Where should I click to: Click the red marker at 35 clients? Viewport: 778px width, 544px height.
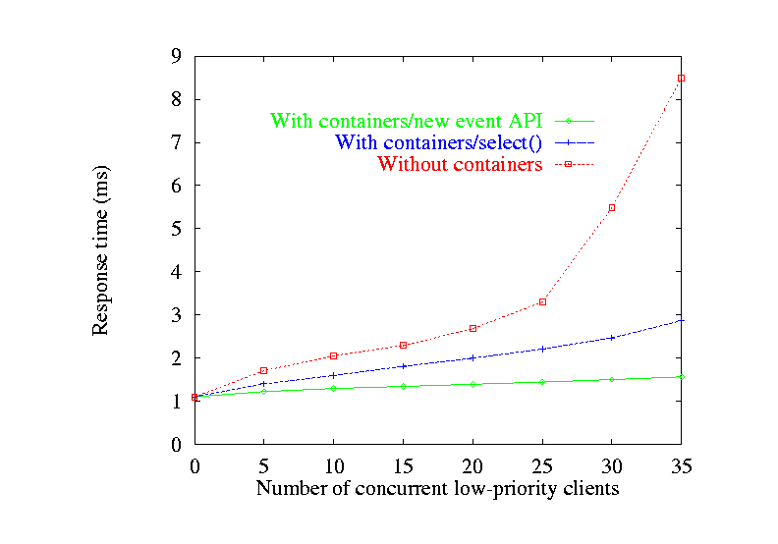click(681, 78)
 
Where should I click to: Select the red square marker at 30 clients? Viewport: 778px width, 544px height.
click(612, 207)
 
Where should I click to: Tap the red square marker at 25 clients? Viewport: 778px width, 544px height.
click(542, 301)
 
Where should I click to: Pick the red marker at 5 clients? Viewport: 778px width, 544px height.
click(263, 370)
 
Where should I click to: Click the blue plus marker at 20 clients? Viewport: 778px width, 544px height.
click(472, 357)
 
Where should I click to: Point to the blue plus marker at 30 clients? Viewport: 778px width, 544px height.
click(612, 337)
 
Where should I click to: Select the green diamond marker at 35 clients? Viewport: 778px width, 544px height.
click(681, 377)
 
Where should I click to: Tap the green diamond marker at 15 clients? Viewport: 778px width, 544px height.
click(403, 386)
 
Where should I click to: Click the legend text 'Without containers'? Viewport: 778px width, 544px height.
click(460, 165)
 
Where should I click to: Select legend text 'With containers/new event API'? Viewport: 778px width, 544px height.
click(406, 122)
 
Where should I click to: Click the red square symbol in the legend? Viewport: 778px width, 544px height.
click(568, 165)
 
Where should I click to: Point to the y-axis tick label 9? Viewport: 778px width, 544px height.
click(176, 56)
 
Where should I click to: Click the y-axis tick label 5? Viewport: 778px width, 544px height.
click(176, 228)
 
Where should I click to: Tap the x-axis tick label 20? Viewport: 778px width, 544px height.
click(472, 465)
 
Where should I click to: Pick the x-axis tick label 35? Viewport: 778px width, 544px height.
click(681, 465)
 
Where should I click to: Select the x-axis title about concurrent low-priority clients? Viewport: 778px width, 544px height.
click(438, 488)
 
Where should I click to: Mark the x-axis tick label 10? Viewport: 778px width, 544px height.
click(333, 465)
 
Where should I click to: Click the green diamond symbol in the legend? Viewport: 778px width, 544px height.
click(568, 121)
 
